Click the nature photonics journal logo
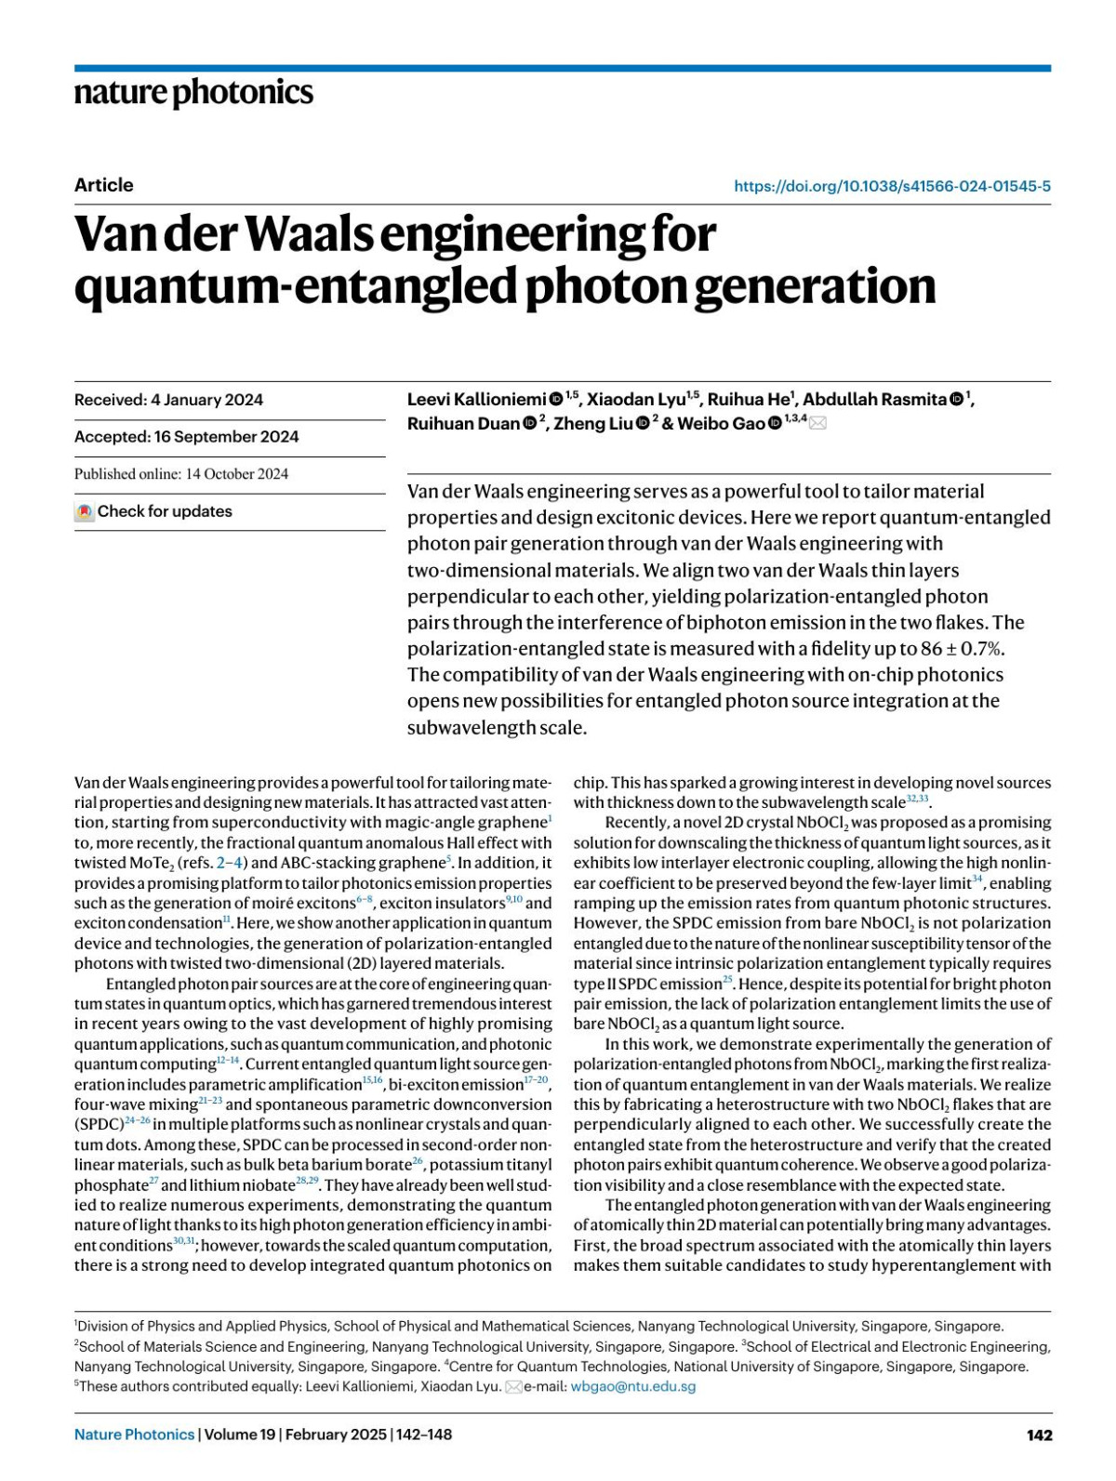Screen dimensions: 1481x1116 coord(193,93)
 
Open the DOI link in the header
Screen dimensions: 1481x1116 coord(892,186)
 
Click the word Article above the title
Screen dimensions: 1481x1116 coord(104,185)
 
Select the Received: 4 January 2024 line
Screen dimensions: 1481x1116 coord(168,400)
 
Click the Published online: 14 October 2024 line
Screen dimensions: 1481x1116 coord(181,474)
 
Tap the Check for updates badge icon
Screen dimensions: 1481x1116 coord(85,511)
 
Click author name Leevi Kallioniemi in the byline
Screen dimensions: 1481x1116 coord(476,400)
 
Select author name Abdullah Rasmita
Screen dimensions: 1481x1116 coord(874,400)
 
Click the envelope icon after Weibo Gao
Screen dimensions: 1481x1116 coord(817,424)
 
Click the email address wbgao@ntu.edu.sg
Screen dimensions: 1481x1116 coord(632,1386)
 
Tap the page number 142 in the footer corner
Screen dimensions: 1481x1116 coord(1039,1435)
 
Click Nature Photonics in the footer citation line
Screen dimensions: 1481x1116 coord(134,1435)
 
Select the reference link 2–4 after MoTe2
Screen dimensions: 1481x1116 coord(232,863)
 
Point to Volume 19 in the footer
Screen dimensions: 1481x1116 coord(240,1435)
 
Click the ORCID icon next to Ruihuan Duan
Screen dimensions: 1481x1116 coord(529,424)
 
